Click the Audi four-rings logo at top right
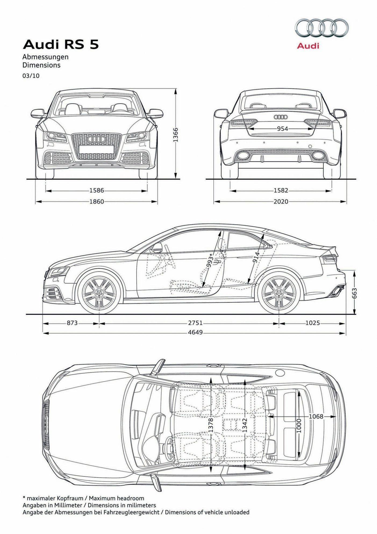[322, 28]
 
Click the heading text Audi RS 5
[61, 45]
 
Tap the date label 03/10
[31, 76]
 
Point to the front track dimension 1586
[96, 190]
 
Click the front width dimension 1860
[96, 201]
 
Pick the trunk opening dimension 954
[282, 129]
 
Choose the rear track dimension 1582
[281, 190]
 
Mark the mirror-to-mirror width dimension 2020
[281, 201]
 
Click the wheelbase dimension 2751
[195, 323]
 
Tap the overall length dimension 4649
[195, 332]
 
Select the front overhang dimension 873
[72, 323]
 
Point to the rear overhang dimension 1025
[313, 323]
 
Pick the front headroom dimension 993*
[210, 260]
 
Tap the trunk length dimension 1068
[316, 416]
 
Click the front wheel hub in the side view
[99, 293]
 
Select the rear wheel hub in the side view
[278, 293]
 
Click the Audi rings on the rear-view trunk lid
[281, 117]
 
